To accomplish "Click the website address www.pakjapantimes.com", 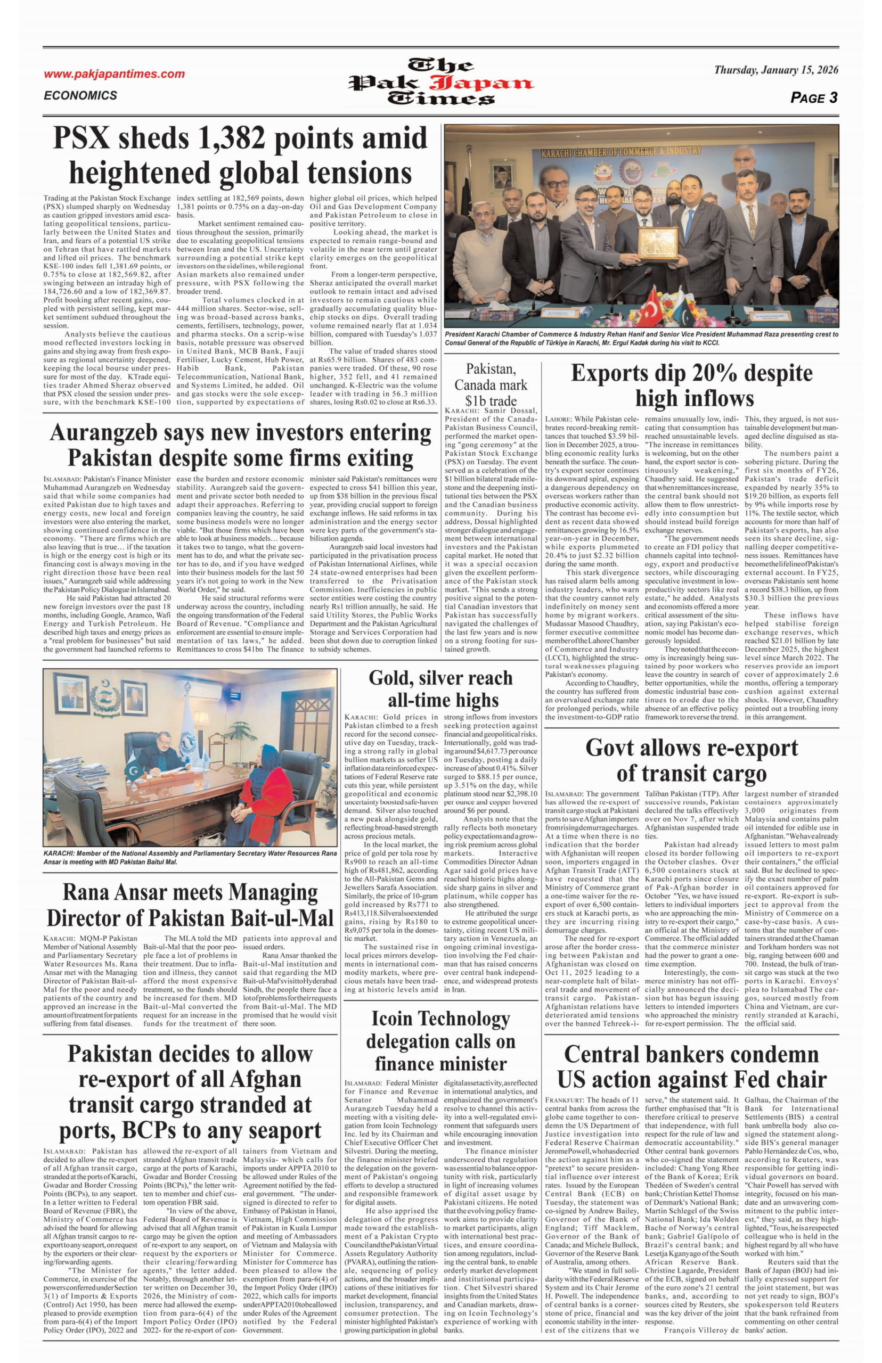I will pyautogui.click(x=114, y=74).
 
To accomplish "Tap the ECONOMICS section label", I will pyautogui.click(x=80, y=96).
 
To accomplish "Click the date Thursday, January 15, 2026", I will pyautogui.click(x=775, y=70).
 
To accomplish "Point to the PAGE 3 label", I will pyautogui.click(x=813, y=98).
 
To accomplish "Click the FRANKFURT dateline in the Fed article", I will pyautogui.click(x=564, y=1100).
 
